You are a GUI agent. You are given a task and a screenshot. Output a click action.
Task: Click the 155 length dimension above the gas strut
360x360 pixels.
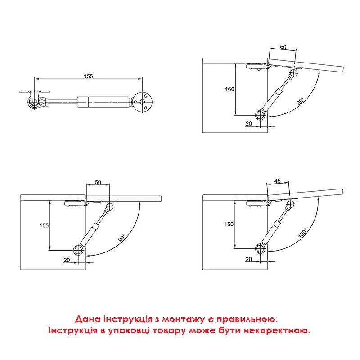click(88, 76)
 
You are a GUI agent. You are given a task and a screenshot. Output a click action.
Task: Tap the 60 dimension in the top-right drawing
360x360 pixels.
click(283, 47)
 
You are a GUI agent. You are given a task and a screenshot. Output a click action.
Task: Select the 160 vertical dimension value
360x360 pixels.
click(229, 89)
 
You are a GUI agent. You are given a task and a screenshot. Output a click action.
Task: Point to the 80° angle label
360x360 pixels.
click(301, 101)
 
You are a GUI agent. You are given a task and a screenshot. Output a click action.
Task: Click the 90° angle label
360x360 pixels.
click(122, 238)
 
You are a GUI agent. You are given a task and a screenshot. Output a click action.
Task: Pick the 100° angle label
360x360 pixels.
click(302, 233)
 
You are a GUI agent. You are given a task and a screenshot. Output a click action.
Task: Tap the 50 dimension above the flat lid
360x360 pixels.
click(98, 182)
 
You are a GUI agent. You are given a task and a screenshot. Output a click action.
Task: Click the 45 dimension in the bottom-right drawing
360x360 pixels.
click(278, 181)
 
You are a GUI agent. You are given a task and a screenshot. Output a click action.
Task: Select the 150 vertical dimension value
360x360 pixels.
click(229, 224)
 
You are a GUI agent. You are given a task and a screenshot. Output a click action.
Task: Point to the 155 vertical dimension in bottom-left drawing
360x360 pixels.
click(44, 225)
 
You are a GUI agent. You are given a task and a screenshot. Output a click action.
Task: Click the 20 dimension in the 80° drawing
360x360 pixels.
click(249, 123)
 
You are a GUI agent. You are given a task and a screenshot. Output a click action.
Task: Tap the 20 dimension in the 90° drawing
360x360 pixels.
click(67, 260)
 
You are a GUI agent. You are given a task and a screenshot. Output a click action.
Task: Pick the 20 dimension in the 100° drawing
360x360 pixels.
click(249, 259)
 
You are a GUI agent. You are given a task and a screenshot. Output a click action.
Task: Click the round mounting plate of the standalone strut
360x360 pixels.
click(144, 102)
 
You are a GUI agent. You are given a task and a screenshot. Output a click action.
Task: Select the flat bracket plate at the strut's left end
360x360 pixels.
click(35, 92)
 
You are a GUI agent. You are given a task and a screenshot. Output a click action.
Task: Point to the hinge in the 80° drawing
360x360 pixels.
click(258, 67)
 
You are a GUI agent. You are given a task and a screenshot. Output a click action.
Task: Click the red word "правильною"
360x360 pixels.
click(247, 319)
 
